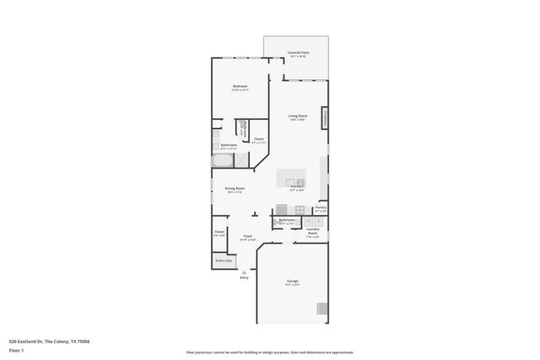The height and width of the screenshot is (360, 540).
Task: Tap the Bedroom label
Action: click(240, 87)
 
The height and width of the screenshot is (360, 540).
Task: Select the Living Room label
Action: click(297, 116)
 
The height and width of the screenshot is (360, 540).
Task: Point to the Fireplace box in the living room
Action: click(325, 118)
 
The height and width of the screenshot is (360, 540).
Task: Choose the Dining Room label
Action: click(235, 189)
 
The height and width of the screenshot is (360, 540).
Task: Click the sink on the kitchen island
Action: click(292, 182)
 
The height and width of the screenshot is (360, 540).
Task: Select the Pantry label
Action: click(321, 207)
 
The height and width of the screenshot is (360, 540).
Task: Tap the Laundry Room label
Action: click(312, 233)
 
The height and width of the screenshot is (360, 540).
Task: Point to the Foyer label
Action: click(248, 237)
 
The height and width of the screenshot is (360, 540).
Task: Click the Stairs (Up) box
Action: click(224, 261)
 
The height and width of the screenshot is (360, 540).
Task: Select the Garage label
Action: click(292, 281)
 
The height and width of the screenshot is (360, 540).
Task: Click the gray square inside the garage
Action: click(321, 309)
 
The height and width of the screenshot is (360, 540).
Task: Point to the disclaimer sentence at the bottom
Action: click(270, 352)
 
